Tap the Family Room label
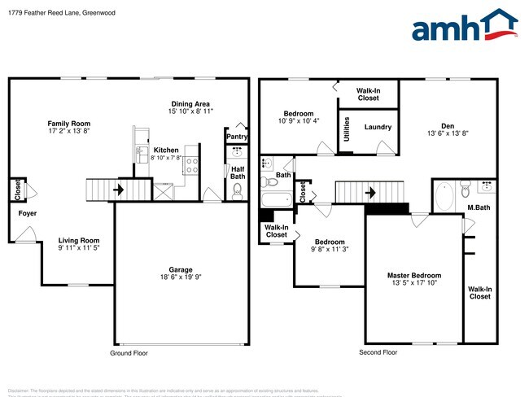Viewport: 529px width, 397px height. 68,123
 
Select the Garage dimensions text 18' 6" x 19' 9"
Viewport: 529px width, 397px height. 179,278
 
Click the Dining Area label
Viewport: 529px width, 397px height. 191,103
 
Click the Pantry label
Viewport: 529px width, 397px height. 237,137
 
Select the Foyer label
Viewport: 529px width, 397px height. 27,213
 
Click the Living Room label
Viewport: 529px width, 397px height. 78,240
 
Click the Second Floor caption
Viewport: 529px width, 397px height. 378,353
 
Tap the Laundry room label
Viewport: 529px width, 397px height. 378,127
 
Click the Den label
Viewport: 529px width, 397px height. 448,125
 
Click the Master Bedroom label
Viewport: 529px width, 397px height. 414,276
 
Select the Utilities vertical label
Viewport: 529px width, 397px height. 348,130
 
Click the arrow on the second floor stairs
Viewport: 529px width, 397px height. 371,193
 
